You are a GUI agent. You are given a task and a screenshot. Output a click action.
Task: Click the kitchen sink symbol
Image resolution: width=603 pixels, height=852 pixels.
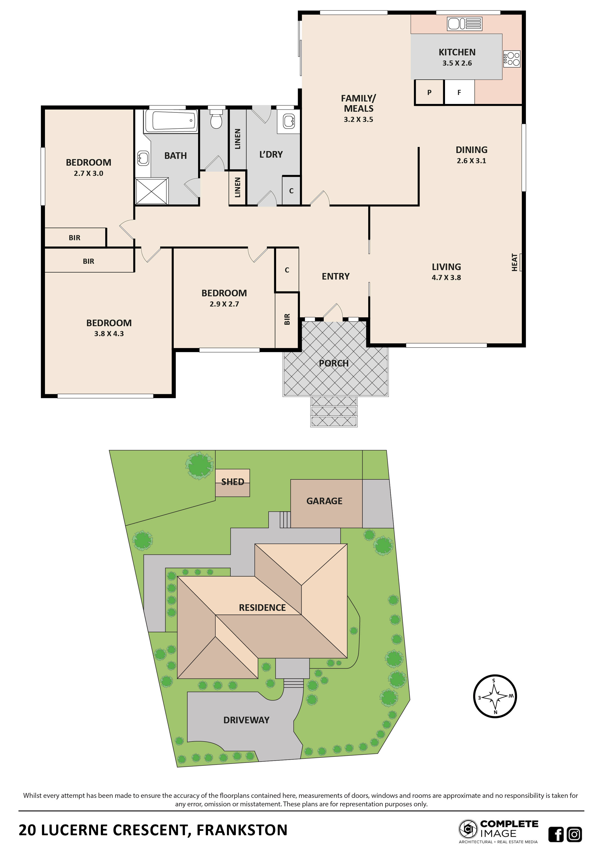[464, 24]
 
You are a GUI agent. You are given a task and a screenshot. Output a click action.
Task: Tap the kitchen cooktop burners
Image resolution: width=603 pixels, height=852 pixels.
[512, 59]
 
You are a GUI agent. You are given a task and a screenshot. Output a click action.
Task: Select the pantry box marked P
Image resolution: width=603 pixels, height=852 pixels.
[429, 92]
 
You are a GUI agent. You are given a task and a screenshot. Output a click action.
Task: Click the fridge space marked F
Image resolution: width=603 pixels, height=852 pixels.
[459, 92]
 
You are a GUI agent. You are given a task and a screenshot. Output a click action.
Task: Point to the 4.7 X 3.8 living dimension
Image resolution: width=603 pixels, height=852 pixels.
[446, 278]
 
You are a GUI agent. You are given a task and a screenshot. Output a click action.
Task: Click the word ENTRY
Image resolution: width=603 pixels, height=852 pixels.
[335, 276]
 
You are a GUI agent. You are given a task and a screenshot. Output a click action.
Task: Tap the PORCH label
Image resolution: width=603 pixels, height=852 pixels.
[334, 363]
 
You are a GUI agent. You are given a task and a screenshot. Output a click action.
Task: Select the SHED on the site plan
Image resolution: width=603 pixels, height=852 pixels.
[232, 482]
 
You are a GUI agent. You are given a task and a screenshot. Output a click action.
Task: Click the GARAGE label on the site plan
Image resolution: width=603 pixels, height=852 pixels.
[324, 501]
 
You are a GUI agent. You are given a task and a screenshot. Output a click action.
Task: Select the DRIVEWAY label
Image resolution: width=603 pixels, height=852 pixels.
[246, 720]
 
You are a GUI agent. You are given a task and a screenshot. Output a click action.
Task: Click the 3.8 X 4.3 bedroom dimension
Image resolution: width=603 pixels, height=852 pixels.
[109, 334]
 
